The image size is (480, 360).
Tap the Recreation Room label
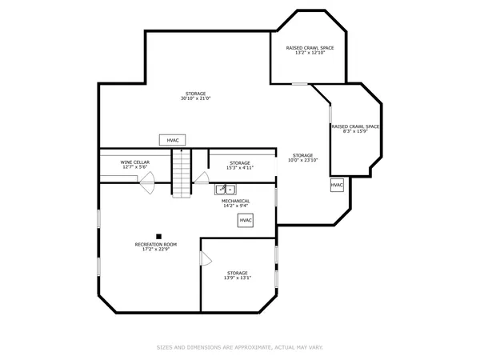(x=155, y=244)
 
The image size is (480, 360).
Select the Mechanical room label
(x=235, y=201)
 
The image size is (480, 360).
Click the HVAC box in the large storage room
(x=173, y=140)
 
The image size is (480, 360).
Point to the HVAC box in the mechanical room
(x=246, y=220)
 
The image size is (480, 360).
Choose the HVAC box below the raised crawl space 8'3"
(x=337, y=186)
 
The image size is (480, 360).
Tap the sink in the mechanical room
(x=224, y=190)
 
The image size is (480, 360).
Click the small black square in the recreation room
(x=158, y=235)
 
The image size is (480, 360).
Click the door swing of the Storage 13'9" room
(x=206, y=258)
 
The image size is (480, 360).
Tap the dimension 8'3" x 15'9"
(x=354, y=131)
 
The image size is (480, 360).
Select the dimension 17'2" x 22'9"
(x=155, y=249)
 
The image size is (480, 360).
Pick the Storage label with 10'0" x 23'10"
(x=302, y=155)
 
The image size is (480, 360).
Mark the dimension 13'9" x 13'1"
(x=237, y=278)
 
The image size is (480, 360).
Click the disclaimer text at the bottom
(x=239, y=347)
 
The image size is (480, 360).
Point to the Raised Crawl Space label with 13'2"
(x=310, y=48)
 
